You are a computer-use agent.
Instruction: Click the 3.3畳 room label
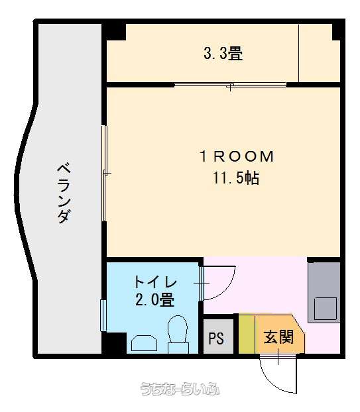223,53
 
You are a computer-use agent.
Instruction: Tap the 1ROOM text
237,156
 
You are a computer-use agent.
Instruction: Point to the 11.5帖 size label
236,178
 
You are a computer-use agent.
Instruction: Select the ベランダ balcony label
64,193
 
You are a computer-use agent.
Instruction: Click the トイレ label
155,282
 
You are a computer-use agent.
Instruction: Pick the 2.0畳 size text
154,299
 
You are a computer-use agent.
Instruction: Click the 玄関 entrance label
278,336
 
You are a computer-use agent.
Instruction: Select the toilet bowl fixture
178,335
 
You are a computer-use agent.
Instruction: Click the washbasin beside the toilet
144,343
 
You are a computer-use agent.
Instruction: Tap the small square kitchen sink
326,309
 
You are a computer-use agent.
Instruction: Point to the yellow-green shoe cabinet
247,334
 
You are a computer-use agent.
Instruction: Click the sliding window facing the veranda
104,174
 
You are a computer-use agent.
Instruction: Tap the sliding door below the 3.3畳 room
230,85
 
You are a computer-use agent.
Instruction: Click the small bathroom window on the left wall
103,315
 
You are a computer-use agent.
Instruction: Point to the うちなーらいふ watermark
180,389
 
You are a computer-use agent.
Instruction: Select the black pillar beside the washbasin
114,342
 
